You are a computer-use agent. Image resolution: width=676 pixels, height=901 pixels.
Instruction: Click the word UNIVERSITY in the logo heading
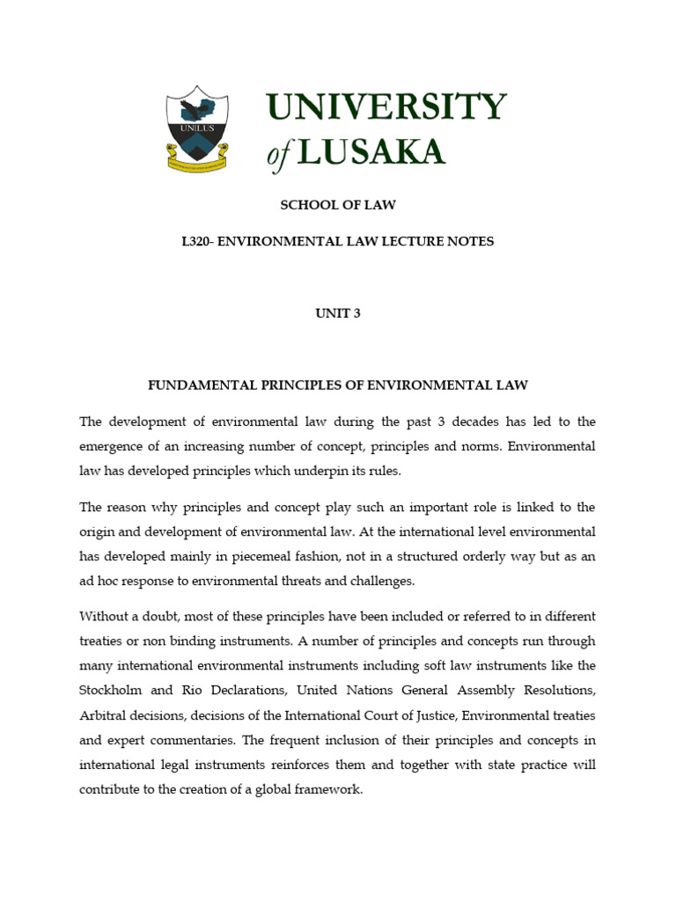[386, 108]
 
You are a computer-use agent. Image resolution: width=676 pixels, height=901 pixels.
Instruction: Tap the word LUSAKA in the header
[371, 152]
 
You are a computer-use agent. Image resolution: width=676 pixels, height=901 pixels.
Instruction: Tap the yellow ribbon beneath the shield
[198, 162]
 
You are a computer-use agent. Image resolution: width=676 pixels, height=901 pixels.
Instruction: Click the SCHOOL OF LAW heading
[338, 205]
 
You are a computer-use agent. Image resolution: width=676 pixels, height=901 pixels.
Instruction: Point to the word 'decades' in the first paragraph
[458, 421]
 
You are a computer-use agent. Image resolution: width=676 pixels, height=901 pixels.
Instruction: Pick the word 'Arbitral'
[102, 715]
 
